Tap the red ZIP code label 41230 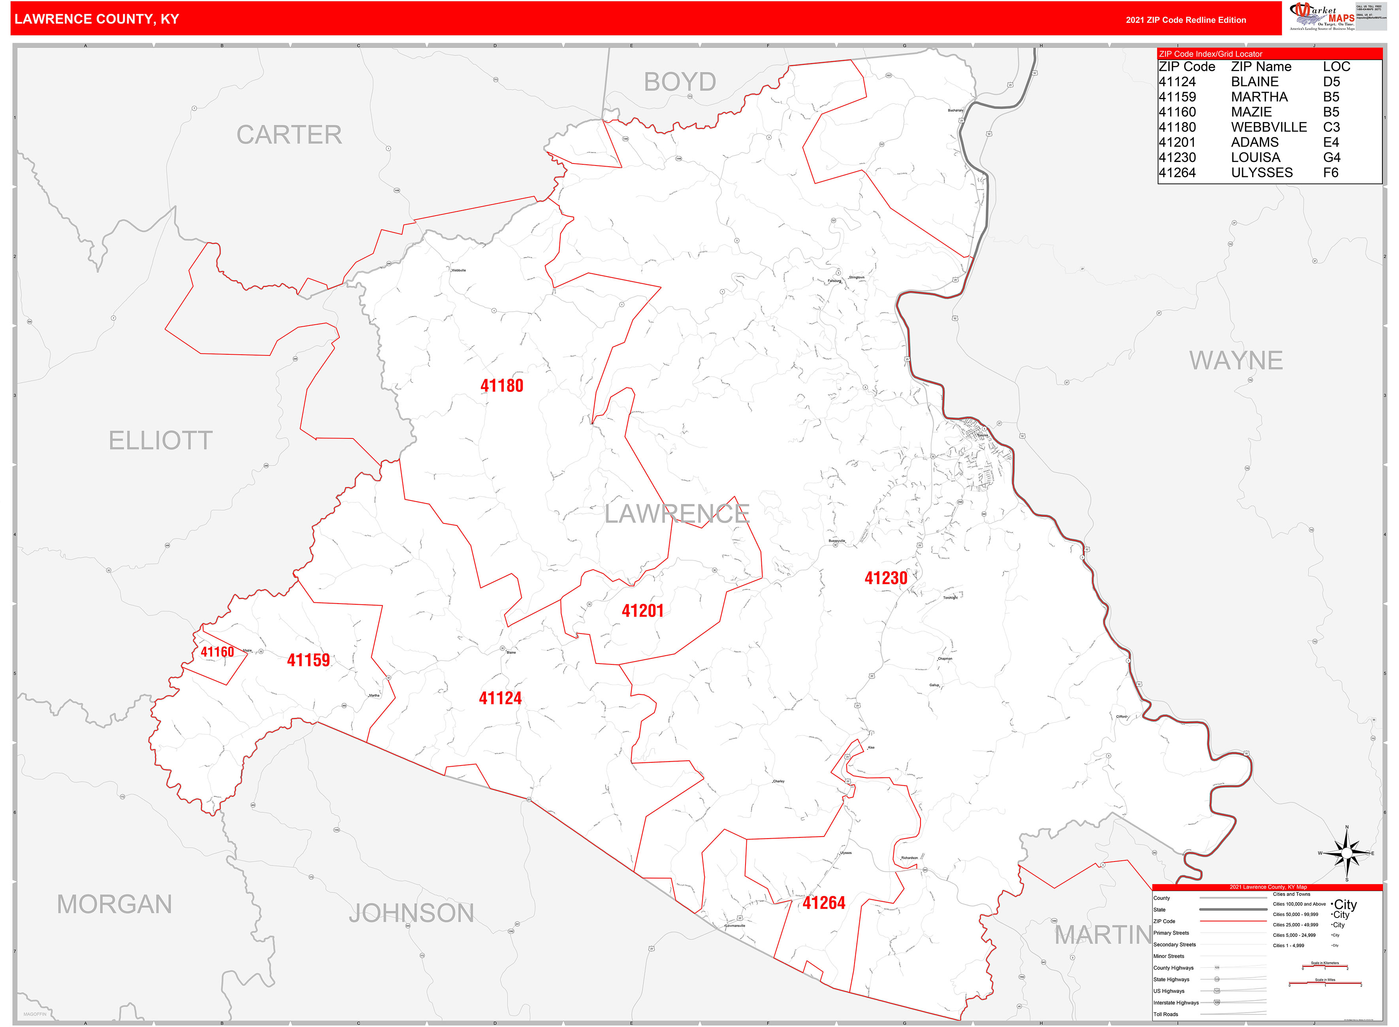(885, 578)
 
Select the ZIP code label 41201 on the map (642, 611)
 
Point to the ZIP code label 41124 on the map (500, 698)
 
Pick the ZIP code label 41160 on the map (217, 651)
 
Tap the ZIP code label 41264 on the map (823, 903)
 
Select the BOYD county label (680, 81)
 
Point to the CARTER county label (289, 134)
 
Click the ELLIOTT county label (160, 440)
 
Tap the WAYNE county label (1235, 360)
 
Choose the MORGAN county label (115, 904)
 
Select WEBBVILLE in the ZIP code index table (1269, 127)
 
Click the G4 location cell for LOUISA (1331, 157)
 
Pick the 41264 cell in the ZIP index (1177, 172)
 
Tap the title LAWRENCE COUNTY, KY (96, 19)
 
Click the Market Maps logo (1321, 16)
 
